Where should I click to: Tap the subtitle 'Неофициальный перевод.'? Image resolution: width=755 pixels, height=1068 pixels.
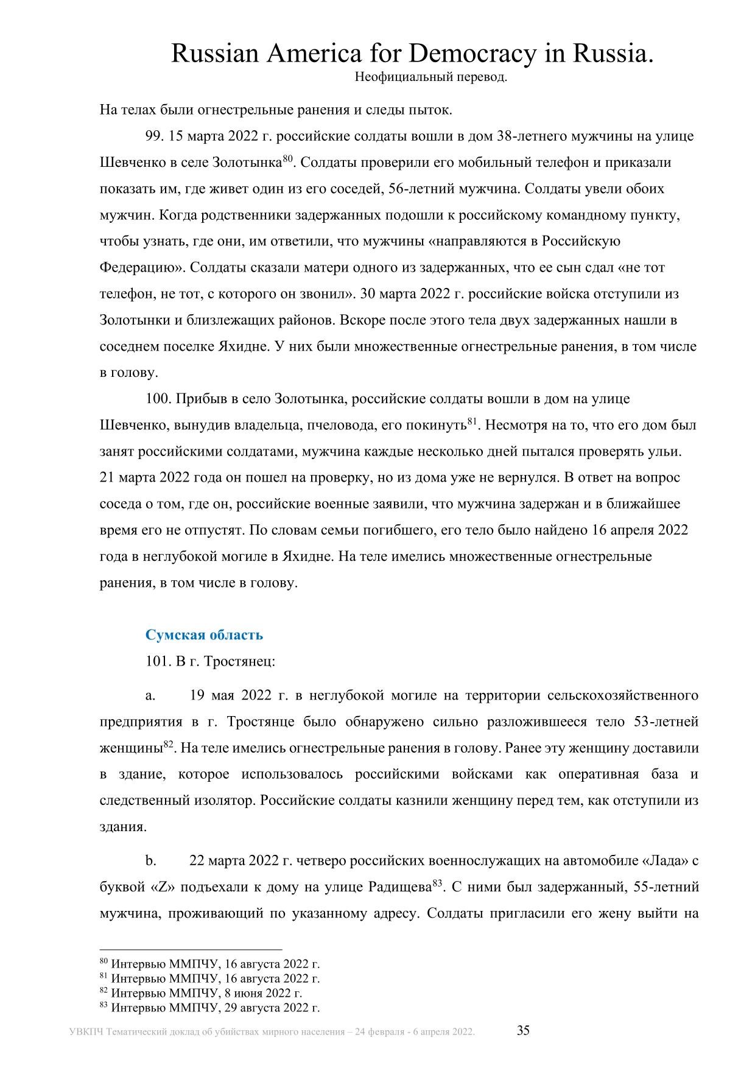(x=430, y=77)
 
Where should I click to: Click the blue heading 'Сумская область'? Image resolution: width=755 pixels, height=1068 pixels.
(x=204, y=634)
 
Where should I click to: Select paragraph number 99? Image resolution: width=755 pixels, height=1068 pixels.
(x=154, y=136)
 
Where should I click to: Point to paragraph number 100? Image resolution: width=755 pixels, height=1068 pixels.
(x=157, y=399)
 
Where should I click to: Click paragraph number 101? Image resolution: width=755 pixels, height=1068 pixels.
(x=157, y=661)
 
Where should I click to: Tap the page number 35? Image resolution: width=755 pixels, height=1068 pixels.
(x=523, y=1031)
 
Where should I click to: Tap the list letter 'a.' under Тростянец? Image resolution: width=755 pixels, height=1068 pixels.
(x=150, y=695)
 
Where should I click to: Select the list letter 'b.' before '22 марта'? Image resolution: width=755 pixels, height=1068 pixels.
(x=151, y=860)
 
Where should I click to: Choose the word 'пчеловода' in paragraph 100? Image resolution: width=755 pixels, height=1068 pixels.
(x=339, y=426)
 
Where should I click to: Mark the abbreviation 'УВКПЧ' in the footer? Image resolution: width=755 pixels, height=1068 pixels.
(x=86, y=1032)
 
